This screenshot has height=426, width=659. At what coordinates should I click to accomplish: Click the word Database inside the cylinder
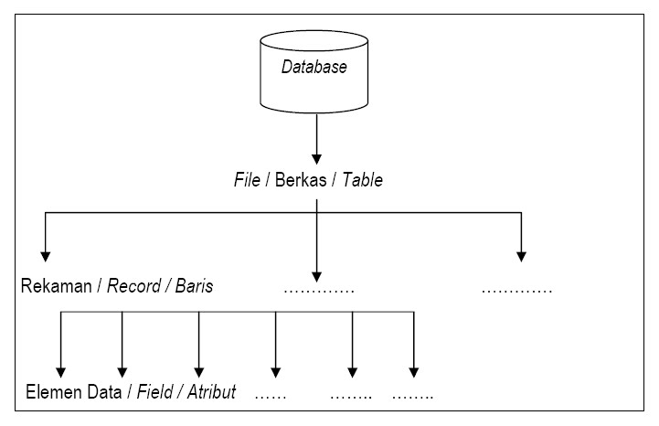click(314, 68)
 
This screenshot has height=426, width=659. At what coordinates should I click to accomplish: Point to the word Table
click(362, 180)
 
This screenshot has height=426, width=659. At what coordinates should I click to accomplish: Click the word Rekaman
click(55, 286)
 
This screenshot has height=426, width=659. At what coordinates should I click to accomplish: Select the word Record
click(132, 286)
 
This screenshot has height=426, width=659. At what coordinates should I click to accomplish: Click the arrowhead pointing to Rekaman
click(45, 256)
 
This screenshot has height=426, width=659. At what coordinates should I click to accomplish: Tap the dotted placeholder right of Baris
click(318, 291)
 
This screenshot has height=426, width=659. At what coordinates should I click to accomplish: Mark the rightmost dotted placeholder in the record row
click(516, 291)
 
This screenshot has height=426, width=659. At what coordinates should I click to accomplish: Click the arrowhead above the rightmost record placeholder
click(522, 256)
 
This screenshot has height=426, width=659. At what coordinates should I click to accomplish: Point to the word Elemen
click(51, 393)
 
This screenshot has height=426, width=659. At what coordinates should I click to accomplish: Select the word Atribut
click(209, 393)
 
